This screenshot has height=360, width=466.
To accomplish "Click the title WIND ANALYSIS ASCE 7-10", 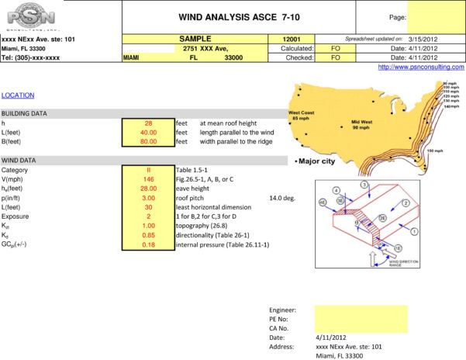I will pos(239,16).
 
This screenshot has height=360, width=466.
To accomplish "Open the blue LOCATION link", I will pos(18,95).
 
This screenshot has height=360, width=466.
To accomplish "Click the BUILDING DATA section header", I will pos(24,113).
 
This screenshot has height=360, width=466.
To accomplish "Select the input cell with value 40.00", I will pos(148,133).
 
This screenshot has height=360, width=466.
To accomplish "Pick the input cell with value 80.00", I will pos(148,142).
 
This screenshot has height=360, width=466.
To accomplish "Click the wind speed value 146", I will pos(148,178).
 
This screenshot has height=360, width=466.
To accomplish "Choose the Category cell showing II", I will pos(148,169).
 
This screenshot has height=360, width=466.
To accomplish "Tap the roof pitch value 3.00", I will pos(148,198).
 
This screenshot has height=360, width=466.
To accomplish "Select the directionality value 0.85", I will pos(148,235).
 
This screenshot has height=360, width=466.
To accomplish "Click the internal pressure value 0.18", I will pos(148,245).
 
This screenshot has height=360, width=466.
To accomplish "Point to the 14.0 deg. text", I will pos(282,198).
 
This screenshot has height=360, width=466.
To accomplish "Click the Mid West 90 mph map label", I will pos(362,124).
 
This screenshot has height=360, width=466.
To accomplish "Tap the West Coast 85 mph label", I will pos(302,115).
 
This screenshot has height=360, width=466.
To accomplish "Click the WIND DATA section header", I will pos(19,160).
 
